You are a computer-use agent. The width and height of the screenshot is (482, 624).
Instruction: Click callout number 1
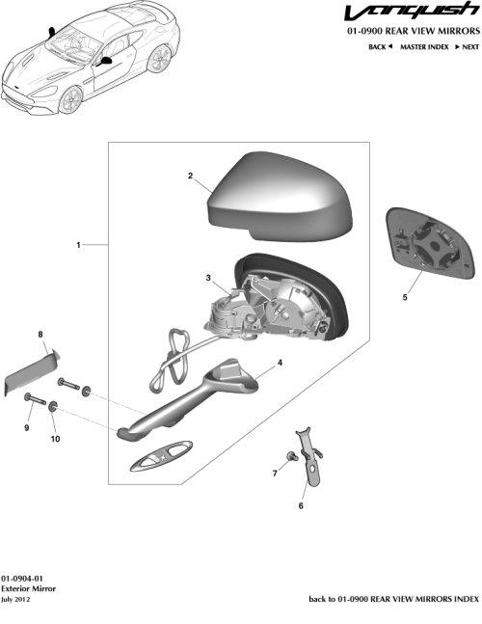[78, 245]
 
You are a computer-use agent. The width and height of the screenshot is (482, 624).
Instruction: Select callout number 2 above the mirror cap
[190, 176]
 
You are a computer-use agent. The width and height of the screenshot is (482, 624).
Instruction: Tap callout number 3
[208, 278]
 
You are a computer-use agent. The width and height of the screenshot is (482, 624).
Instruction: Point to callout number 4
[280, 364]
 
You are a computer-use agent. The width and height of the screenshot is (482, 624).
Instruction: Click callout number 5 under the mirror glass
[405, 297]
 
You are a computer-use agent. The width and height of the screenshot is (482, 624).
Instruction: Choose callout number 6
[301, 505]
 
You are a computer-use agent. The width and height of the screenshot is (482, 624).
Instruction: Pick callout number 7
[275, 474]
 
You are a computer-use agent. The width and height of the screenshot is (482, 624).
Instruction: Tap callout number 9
[27, 427]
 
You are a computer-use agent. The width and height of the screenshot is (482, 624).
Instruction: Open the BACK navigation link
[381, 46]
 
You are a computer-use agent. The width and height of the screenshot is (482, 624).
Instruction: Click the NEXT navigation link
[467, 46]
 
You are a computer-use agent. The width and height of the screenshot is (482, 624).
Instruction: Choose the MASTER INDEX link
[424, 46]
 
